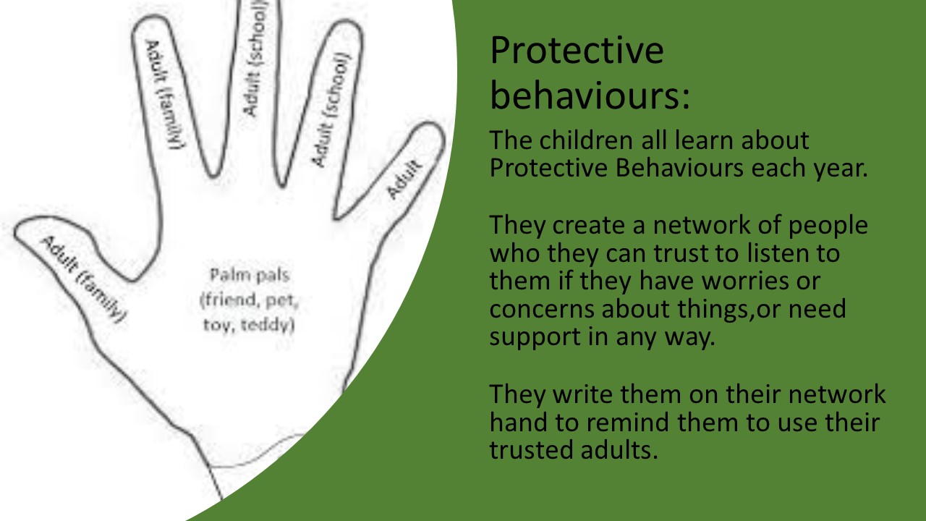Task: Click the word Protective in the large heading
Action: (x=577, y=51)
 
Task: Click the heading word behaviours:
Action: (x=590, y=96)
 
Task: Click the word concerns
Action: (x=542, y=309)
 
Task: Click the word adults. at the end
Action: (x=619, y=450)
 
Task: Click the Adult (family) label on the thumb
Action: (x=83, y=279)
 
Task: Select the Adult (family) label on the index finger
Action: (x=164, y=94)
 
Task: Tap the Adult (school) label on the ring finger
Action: (x=331, y=109)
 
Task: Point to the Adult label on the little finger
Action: (x=404, y=179)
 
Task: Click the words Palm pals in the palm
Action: (x=250, y=275)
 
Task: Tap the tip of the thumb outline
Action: (x=15, y=232)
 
